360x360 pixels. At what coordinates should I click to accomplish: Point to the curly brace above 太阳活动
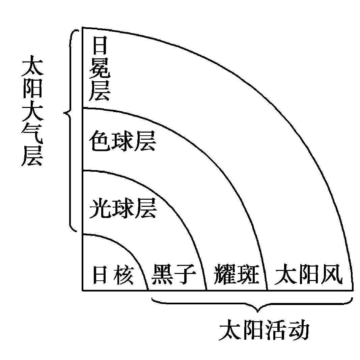[252, 304]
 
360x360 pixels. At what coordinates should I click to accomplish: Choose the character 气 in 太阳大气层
[32, 134]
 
